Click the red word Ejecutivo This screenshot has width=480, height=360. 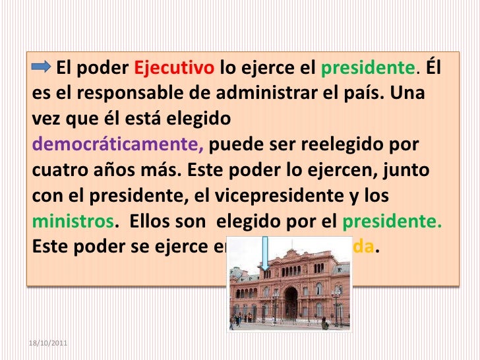click(x=174, y=69)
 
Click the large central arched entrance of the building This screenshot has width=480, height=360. click(x=291, y=305)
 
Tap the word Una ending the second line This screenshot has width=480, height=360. click(x=413, y=94)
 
